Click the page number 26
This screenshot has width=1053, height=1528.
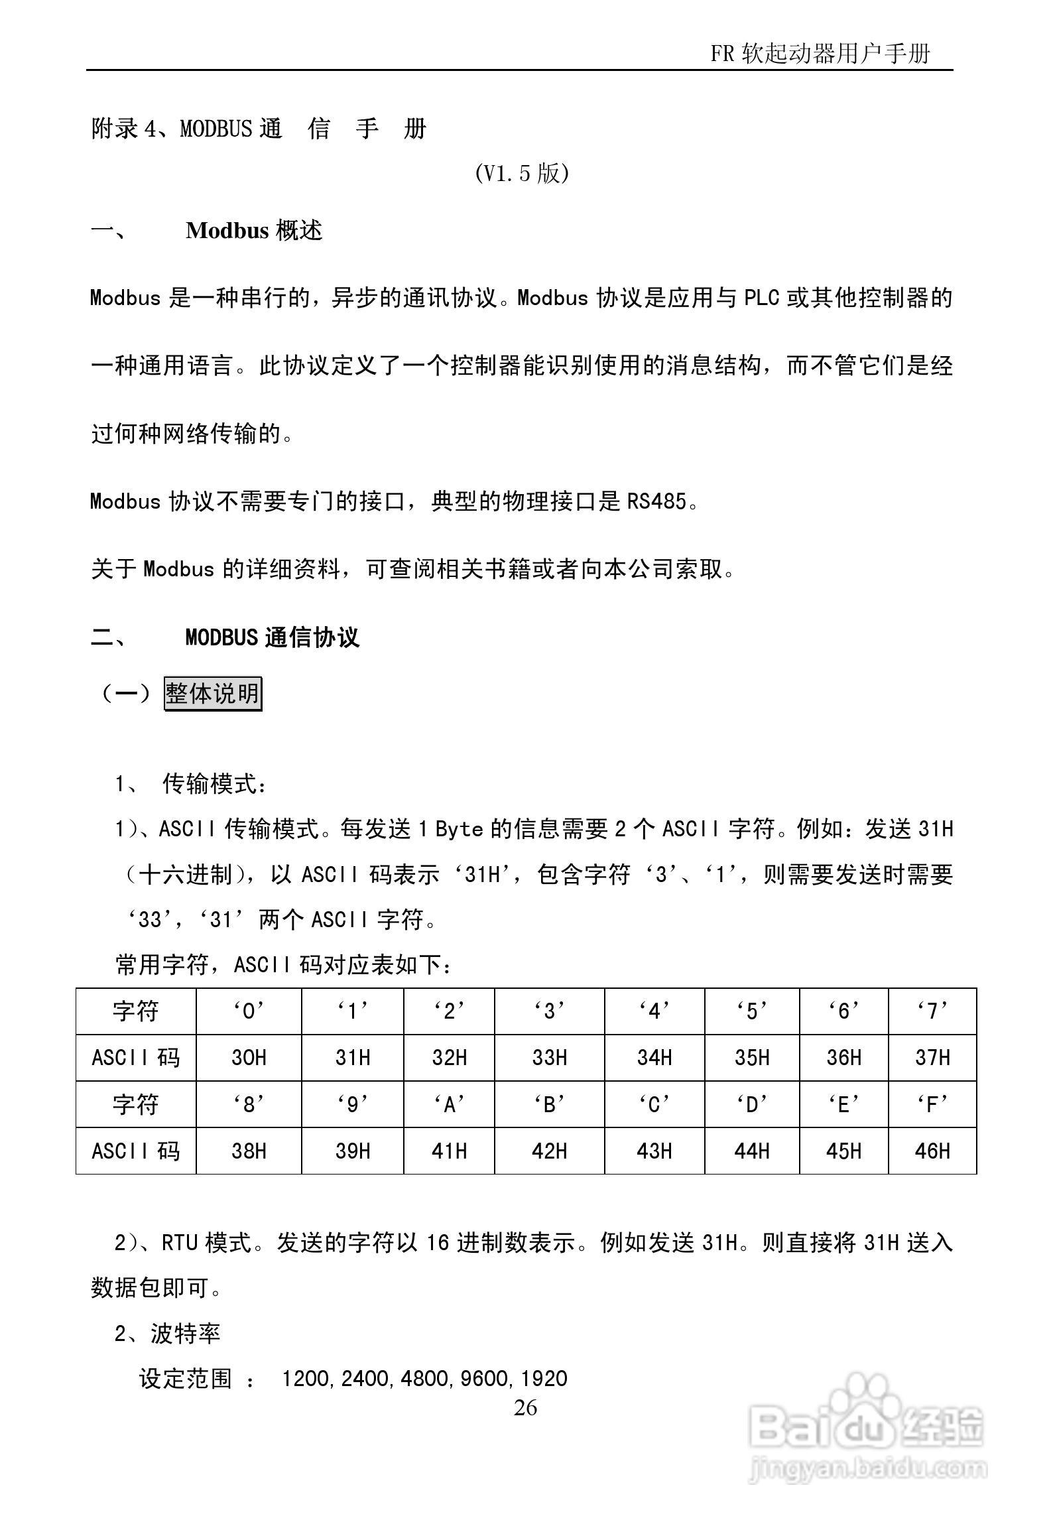pyautogui.click(x=525, y=1407)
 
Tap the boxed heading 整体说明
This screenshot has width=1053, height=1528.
pyautogui.click(x=213, y=694)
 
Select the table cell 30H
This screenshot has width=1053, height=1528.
pyautogui.click(x=249, y=1057)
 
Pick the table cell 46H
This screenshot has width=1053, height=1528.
pyautogui.click(x=932, y=1151)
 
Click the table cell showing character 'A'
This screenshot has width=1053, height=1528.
pyautogui.click(x=449, y=1104)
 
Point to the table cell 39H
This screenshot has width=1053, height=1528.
pyautogui.click(x=352, y=1151)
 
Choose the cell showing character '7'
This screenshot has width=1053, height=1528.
pyautogui.click(x=932, y=1011)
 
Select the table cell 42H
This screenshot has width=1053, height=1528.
pyautogui.click(x=549, y=1151)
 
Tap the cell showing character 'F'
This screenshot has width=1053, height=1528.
pyautogui.click(x=932, y=1104)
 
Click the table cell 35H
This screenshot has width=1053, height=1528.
pyautogui.click(x=752, y=1057)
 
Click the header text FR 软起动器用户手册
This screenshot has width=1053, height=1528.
pyautogui.click(x=820, y=53)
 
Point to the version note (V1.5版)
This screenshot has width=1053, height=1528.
pyautogui.click(x=522, y=174)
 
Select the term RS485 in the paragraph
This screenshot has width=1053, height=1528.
pyautogui.click(x=656, y=501)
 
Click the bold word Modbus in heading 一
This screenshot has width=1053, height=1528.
pyautogui.click(x=227, y=230)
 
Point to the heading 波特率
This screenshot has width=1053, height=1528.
pyautogui.click(x=186, y=1333)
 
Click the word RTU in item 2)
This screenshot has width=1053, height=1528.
pyautogui.click(x=180, y=1242)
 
